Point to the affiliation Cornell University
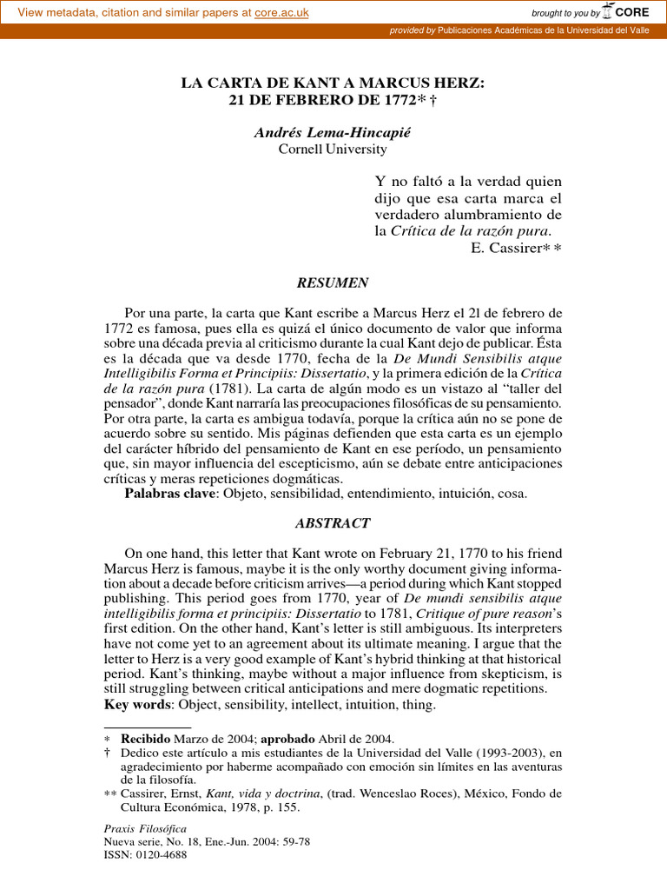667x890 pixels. point(333,149)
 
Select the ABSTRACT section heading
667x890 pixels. point(333,523)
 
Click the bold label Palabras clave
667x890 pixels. point(169,494)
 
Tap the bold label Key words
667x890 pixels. point(140,704)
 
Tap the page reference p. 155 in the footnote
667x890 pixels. point(280,807)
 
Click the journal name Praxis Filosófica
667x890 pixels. point(145,828)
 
